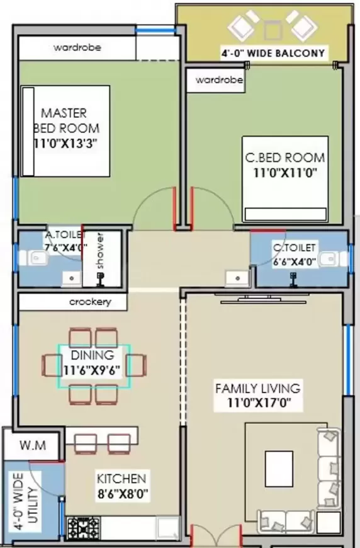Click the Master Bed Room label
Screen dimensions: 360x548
click(66, 120)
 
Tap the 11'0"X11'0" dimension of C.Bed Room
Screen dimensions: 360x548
click(285, 173)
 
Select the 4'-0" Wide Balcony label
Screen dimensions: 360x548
click(273, 53)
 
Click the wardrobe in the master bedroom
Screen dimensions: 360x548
click(77, 47)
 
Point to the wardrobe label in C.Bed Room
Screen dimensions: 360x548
click(219, 80)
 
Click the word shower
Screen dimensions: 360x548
click(101, 251)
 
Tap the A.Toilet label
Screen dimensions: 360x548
click(65, 235)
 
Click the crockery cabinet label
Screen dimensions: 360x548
click(91, 302)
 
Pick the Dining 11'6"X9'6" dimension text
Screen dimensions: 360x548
click(92, 370)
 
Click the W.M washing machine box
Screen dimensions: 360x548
click(33, 445)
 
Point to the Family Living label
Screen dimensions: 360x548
click(257, 389)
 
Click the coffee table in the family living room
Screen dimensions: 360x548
click(279, 469)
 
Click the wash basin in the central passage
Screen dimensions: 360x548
click(237, 278)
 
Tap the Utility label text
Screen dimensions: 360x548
click(33, 505)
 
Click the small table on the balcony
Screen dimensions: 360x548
click(273, 30)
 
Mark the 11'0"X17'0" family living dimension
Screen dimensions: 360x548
click(259, 402)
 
